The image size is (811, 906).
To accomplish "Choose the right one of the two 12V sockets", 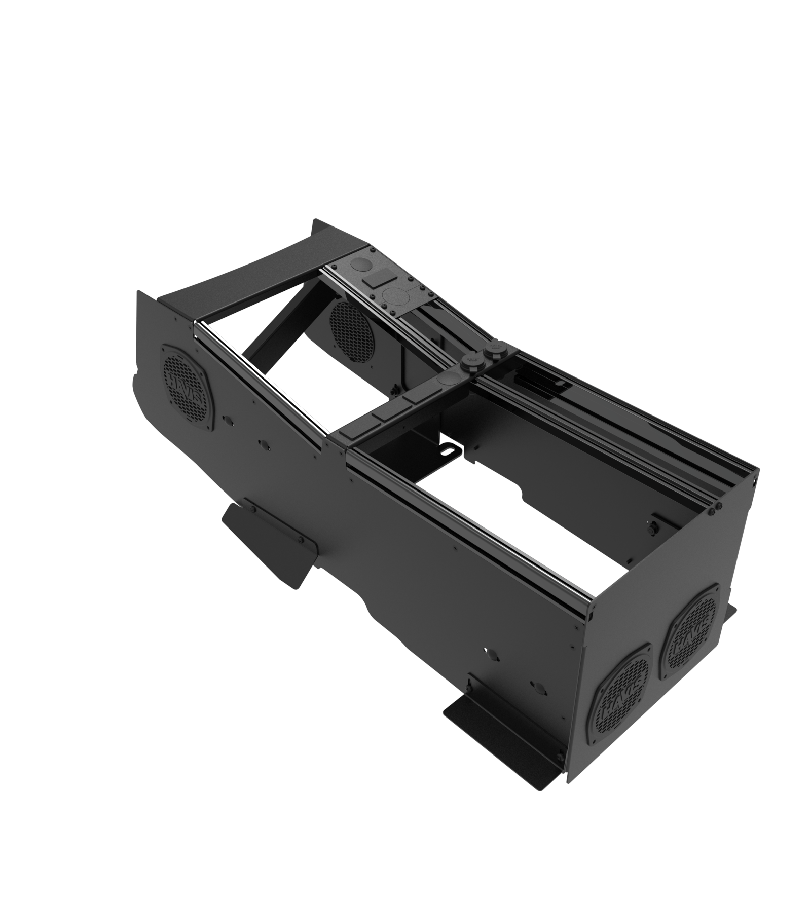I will click(492, 349).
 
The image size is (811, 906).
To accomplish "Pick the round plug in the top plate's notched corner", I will click(361, 264).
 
